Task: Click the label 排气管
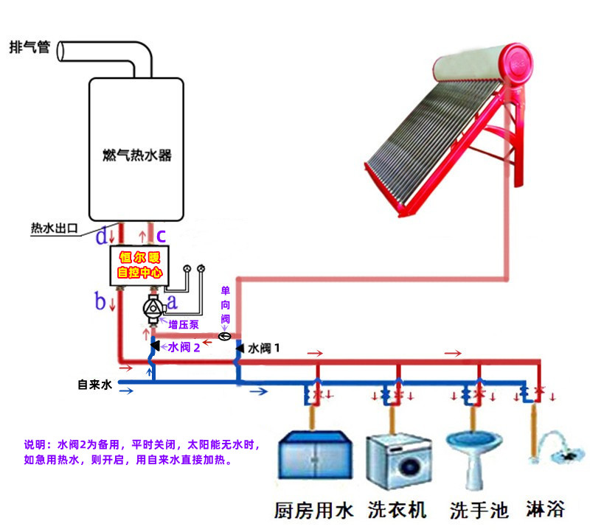point(29,47)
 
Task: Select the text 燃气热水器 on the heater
point(137,155)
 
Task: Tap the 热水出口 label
point(54,228)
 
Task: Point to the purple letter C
point(161,237)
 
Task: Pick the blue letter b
point(100,301)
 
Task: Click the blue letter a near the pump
point(173,301)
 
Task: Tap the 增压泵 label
point(181,324)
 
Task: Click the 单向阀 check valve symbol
point(226,336)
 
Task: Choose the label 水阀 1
point(264,346)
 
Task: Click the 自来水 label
point(94,385)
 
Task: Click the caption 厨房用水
point(314,509)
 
